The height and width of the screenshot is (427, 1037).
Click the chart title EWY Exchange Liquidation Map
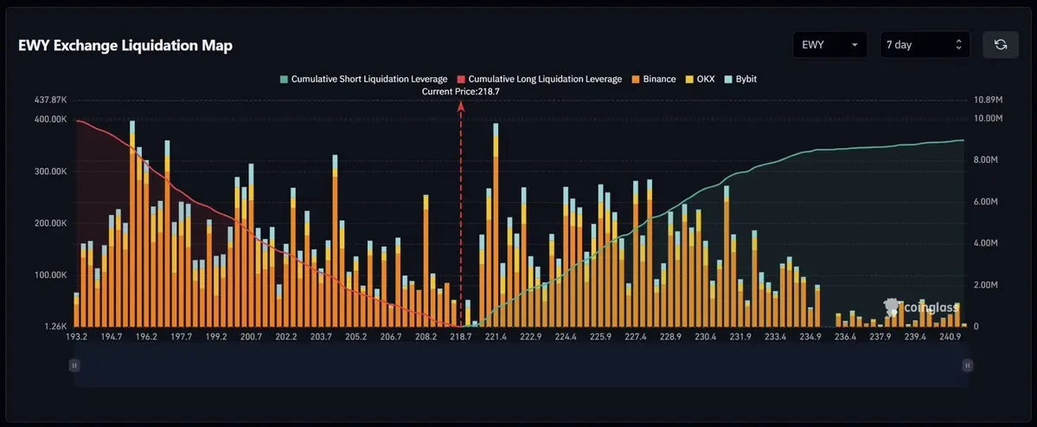[x=125, y=46]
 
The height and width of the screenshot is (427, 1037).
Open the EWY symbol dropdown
[x=830, y=45]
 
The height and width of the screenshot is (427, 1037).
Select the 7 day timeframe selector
[x=925, y=45]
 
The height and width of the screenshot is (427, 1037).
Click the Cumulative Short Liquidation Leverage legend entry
[x=364, y=79]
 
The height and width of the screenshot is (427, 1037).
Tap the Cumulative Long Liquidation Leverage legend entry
[x=540, y=79]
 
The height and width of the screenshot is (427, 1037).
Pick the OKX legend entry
[x=700, y=79]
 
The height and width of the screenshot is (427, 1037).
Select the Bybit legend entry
[x=740, y=79]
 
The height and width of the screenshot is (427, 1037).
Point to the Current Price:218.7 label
[x=460, y=92]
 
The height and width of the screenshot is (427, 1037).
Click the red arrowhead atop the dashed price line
[x=461, y=107]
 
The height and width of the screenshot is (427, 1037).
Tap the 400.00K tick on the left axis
[x=50, y=120]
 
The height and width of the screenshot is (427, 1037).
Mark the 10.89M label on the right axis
[x=988, y=100]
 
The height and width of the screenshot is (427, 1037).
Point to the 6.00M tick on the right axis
[x=987, y=202]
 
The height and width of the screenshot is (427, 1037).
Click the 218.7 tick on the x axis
[x=460, y=337]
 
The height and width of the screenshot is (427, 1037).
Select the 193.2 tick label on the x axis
[x=76, y=337]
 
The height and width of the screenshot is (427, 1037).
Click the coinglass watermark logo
[x=920, y=307]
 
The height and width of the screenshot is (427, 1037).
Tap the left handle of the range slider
[x=74, y=365]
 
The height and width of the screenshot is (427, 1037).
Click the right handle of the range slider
[x=968, y=365]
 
